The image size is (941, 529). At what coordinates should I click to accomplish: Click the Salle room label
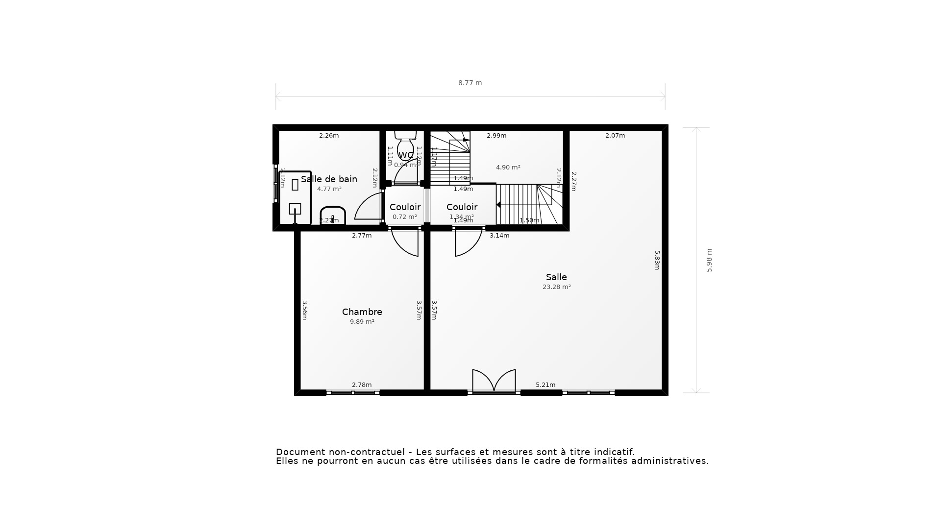point(556,277)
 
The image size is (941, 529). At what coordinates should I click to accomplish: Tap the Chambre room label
point(362,312)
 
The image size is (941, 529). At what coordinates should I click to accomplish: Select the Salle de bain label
point(329,179)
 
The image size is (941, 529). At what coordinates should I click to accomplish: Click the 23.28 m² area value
point(556,287)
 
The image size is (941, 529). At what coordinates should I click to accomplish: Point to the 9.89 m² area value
point(362,322)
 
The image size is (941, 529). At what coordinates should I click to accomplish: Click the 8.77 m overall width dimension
point(470,83)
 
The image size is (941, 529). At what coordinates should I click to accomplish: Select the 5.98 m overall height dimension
point(709,260)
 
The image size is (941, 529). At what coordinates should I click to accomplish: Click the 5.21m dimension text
point(545,385)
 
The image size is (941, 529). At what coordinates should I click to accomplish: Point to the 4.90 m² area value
point(508,168)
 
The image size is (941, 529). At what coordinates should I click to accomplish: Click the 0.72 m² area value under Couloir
point(405,217)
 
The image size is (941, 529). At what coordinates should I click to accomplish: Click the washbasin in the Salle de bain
point(333,216)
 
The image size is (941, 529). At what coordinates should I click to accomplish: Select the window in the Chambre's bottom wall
point(353,393)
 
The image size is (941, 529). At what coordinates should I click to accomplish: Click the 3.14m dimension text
point(499,236)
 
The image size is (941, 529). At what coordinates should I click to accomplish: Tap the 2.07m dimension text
point(615,136)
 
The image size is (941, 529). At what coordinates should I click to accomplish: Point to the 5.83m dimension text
point(657,260)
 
